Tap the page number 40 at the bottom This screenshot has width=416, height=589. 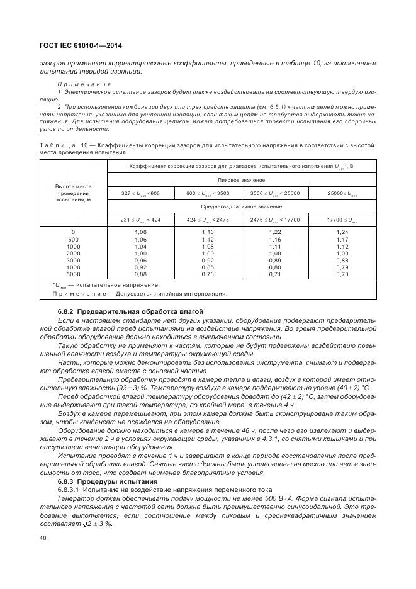point(43,537)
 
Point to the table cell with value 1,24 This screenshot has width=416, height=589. point(342,232)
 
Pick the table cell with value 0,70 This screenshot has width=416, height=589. point(342,274)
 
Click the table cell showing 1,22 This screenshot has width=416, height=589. point(274,232)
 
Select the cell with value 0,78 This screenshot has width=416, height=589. point(208,274)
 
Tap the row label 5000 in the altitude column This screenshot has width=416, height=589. point(74,274)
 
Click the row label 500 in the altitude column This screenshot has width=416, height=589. point(74,239)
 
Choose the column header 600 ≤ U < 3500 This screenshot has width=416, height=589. point(208,193)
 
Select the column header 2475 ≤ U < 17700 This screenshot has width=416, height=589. point(274,219)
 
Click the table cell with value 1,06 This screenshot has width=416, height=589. point(140,239)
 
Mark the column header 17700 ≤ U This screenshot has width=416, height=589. point(342,219)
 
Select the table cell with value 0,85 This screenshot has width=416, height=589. point(208,267)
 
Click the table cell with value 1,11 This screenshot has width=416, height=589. point(274,246)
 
